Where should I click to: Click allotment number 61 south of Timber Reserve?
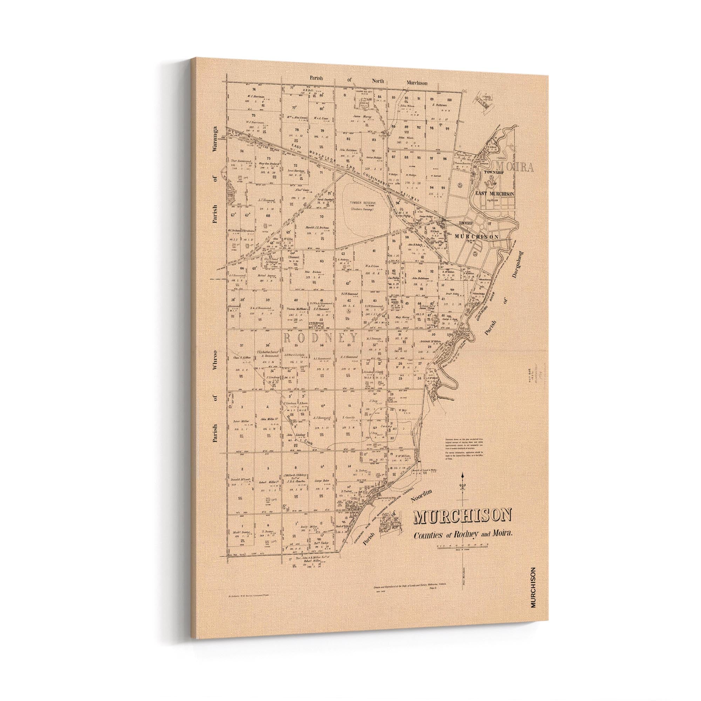tap(373, 251)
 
